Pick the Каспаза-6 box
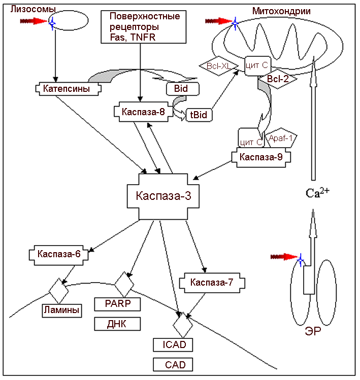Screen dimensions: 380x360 (x=59, y=254)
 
